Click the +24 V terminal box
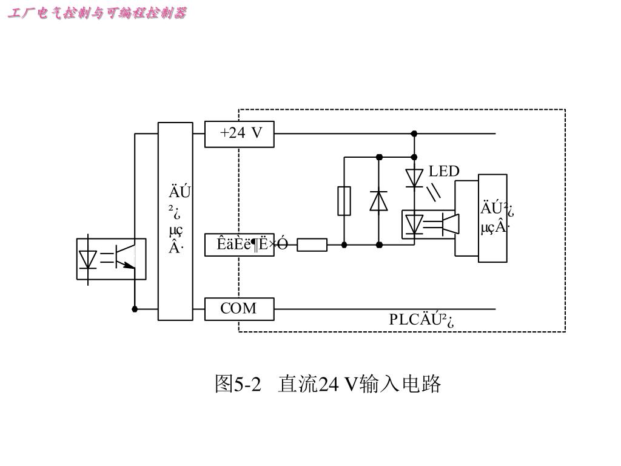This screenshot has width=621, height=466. point(240,134)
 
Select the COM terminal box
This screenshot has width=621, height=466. point(240,309)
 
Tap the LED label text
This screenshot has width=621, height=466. point(444,172)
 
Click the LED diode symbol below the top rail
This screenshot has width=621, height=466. point(414,178)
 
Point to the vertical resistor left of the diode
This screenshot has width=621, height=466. point(344,201)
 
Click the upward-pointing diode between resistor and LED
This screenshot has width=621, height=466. point(379,200)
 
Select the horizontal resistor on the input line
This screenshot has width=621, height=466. point(312,245)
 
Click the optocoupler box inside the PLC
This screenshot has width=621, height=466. point(429,224)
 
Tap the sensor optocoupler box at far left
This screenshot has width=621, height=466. point(111,258)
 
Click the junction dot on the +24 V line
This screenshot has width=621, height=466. point(414,133)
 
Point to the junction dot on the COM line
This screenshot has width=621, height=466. point(135,309)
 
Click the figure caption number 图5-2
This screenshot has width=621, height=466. point(237,384)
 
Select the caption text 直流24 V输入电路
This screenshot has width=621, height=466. point(360,384)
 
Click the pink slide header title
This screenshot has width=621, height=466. point(97,13)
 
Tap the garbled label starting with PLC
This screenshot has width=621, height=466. point(422,320)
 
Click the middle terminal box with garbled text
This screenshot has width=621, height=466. point(240,245)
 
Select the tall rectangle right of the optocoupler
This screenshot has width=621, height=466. point(492,218)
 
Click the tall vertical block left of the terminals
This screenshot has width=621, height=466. point(175,221)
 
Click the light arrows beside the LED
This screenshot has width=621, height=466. point(434,192)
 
